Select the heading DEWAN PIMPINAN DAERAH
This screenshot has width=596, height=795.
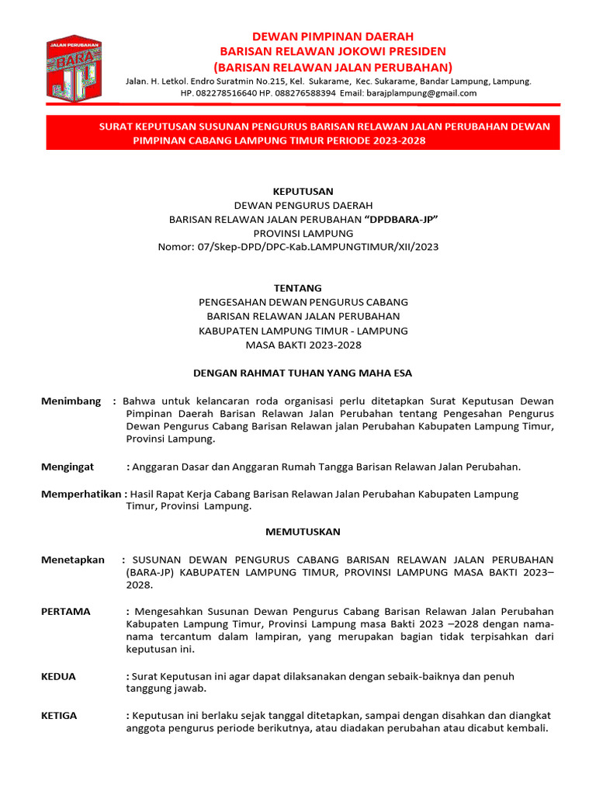[333, 36]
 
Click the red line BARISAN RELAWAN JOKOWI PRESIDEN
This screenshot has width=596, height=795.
[333, 51]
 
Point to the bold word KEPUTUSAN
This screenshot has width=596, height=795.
[303, 191]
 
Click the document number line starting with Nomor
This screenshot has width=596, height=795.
[303, 247]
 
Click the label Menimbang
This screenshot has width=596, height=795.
[71, 401]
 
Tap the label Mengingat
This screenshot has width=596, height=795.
[67, 467]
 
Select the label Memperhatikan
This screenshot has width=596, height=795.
[81, 494]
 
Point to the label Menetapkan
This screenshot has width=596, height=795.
[72, 560]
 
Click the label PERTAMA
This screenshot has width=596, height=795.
[65, 611]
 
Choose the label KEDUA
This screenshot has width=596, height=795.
[58, 676]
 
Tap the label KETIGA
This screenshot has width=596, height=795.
[59, 715]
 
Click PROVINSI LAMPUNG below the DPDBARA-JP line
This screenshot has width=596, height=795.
[303, 233]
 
